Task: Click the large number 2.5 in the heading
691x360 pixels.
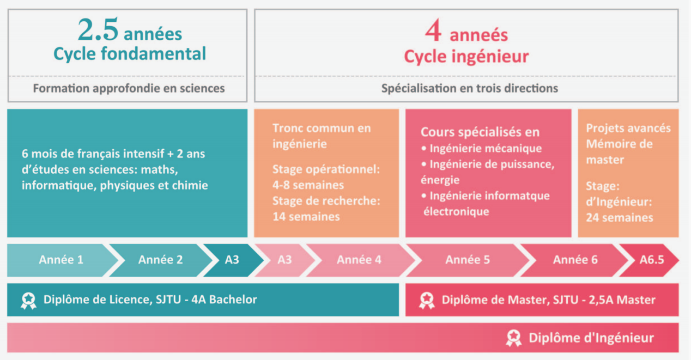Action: [98, 30]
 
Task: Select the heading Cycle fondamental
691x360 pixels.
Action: [130, 54]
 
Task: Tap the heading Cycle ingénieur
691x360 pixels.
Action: [466, 57]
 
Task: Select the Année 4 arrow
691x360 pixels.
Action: [359, 260]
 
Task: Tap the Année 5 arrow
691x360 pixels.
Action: [468, 260]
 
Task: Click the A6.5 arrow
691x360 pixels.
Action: [650, 260]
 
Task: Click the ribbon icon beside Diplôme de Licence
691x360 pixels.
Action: [28, 301]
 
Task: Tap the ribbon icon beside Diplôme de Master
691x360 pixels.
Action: [427, 301]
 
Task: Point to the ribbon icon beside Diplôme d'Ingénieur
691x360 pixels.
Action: [514, 338]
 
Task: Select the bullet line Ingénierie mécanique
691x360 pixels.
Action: [481, 149]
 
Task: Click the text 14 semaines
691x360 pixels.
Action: [306, 217]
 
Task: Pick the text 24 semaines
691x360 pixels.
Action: [620, 218]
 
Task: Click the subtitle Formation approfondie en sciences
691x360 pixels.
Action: [129, 88]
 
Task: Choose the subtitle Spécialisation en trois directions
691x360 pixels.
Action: [470, 88]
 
